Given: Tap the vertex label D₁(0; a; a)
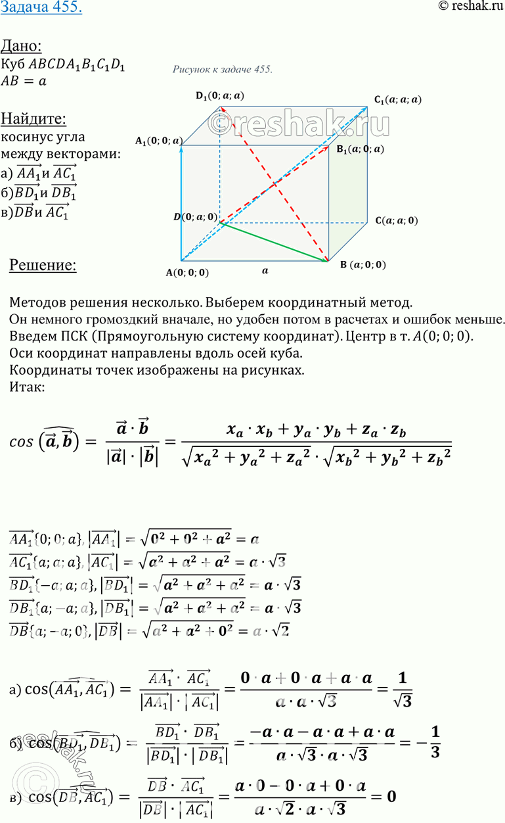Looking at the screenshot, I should click(220, 95).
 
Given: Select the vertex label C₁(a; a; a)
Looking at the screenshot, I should click(398, 100).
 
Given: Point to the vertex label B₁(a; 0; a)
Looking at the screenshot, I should click(361, 149).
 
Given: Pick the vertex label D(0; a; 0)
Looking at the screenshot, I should click(196, 216).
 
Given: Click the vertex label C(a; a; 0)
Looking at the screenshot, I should click(396, 221).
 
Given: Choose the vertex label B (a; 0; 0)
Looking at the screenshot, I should click(363, 265).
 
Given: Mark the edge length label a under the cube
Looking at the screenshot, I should click(265, 270).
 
